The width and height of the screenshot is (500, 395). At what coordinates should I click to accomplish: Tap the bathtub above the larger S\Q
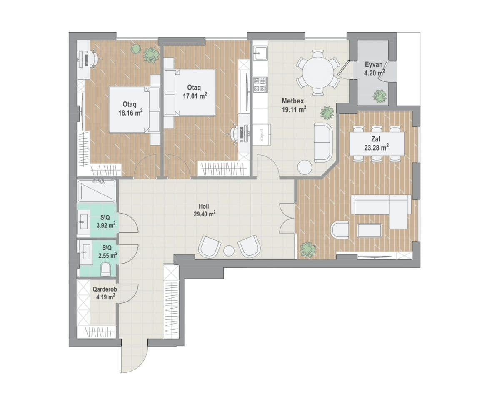tap(96, 191)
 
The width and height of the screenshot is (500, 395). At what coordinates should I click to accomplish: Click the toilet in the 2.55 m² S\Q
tap(106, 268)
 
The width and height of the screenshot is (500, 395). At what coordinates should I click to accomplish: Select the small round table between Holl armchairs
tap(229, 250)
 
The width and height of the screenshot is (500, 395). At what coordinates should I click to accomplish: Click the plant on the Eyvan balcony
tap(380, 96)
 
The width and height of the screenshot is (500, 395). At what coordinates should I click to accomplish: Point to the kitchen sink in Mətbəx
tap(260, 52)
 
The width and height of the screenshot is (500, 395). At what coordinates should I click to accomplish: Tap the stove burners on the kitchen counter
tap(260, 85)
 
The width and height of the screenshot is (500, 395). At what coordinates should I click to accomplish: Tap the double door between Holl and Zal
tap(287, 218)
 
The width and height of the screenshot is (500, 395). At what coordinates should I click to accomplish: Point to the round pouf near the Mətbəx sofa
tap(305, 167)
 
